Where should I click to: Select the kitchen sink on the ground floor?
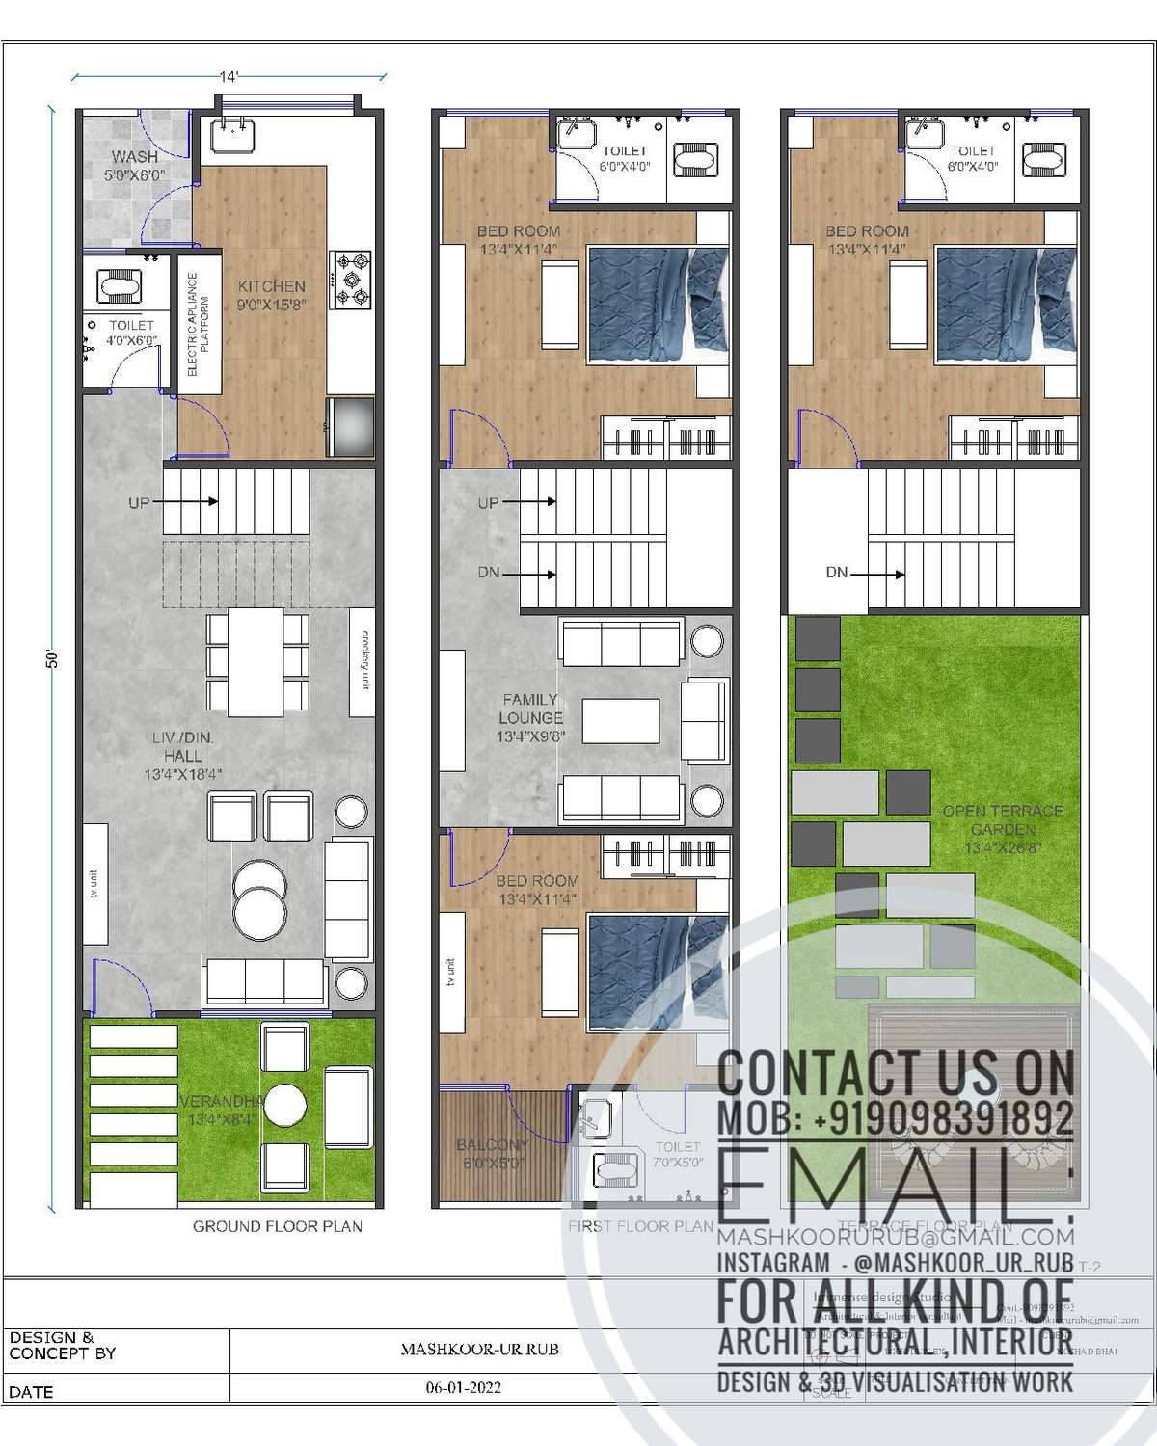(x=232, y=136)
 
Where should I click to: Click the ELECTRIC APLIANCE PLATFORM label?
(x=198, y=324)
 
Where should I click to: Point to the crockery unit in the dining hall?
(x=363, y=661)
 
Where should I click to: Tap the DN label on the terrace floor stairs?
(x=836, y=573)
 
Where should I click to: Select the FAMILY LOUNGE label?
(x=530, y=709)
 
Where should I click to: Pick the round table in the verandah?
(x=285, y=1101)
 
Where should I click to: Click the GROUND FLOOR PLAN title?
(x=278, y=1226)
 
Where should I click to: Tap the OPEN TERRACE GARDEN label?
(x=1003, y=819)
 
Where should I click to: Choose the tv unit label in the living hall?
(x=94, y=884)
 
